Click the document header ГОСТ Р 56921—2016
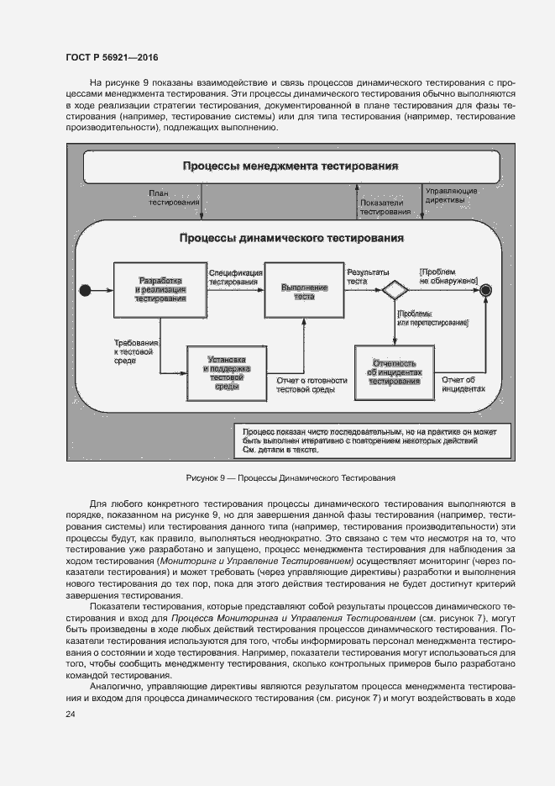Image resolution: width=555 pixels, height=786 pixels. (x=112, y=58)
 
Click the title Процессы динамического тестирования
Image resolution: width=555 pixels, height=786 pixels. (x=291, y=238)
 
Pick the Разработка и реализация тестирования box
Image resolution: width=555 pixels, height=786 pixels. (x=160, y=288)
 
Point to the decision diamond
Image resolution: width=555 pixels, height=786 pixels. (x=394, y=291)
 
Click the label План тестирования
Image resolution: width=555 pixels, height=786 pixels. (x=174, y=198)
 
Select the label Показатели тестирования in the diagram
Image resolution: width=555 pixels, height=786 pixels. (x=382, y=208)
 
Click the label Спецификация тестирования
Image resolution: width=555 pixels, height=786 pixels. (x=233, y=278)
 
